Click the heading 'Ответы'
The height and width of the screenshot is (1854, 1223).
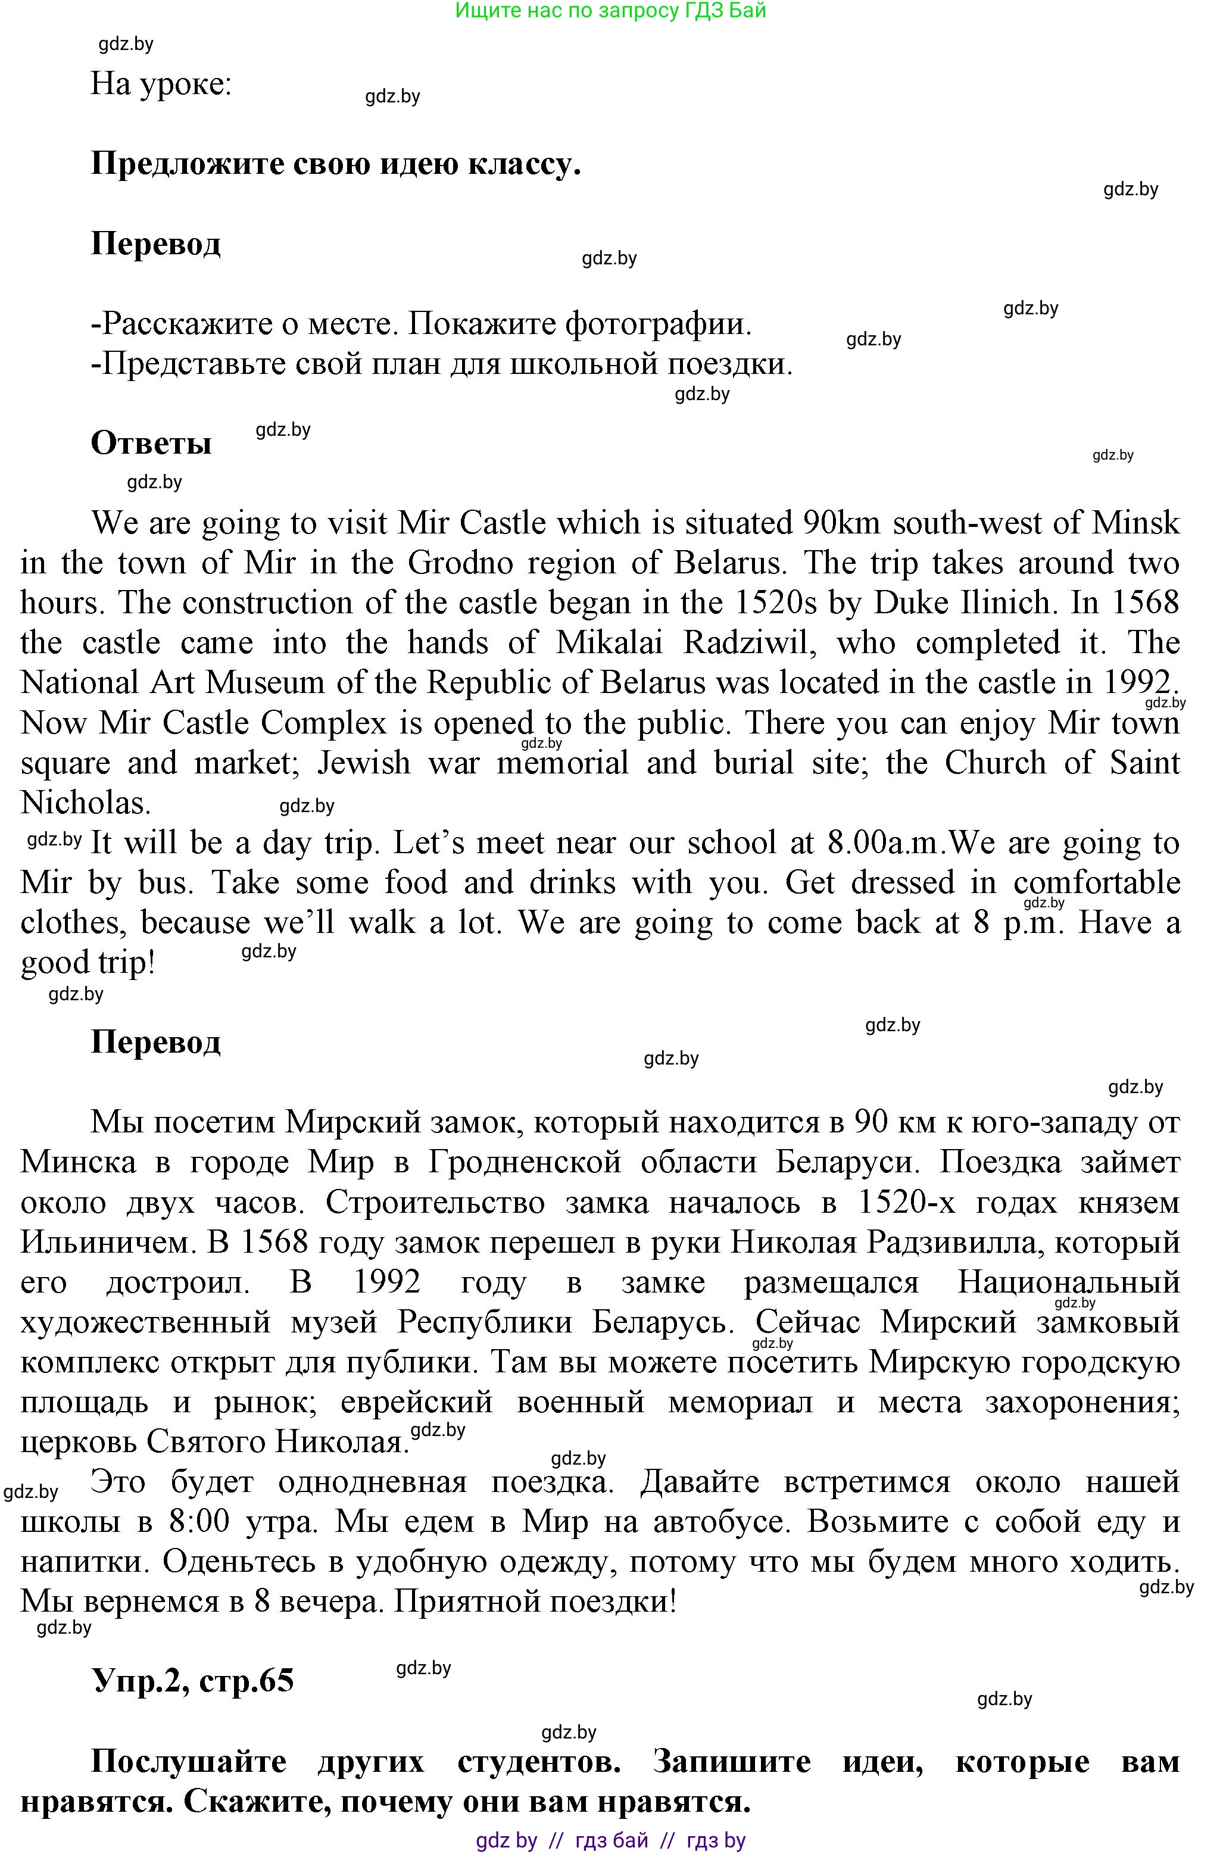(x=151, y=443)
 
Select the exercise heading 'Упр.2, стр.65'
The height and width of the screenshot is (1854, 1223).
(x=193, y=1680)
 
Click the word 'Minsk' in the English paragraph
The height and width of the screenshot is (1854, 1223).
(x=1135, y=523)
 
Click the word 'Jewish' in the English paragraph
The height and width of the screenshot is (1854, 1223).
(x=363, y=763)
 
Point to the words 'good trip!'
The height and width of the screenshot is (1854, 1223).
(x=88, y=963)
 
